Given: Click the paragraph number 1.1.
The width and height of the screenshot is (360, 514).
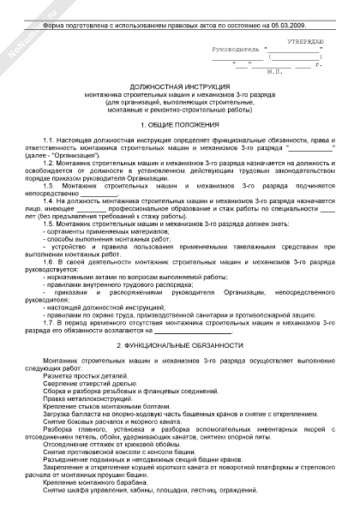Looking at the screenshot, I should click(x=49, y=139).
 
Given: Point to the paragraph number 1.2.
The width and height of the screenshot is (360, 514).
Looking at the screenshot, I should click(x=49, y=161).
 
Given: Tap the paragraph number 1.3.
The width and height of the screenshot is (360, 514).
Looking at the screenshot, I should click(x=49, y=183).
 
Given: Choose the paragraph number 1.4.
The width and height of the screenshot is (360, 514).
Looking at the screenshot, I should click(x=49, y=198).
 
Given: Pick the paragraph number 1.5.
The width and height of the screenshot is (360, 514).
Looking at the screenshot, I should click(x=49, y=220).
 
